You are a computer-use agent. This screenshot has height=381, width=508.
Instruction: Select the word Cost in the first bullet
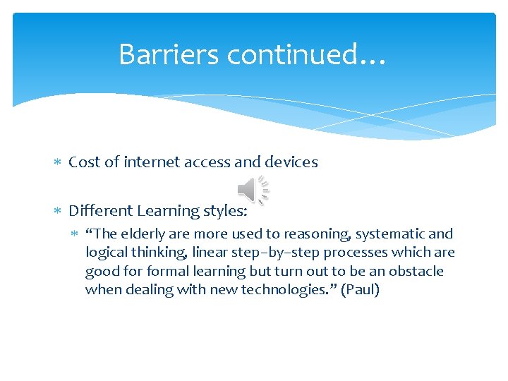click(x=83, y=162)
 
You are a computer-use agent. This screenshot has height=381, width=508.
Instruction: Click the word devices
click(x=291, y=162)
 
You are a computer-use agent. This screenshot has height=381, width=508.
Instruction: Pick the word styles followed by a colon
click(x=226, y=211)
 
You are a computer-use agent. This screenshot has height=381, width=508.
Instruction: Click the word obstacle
click(x=416, y=272)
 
